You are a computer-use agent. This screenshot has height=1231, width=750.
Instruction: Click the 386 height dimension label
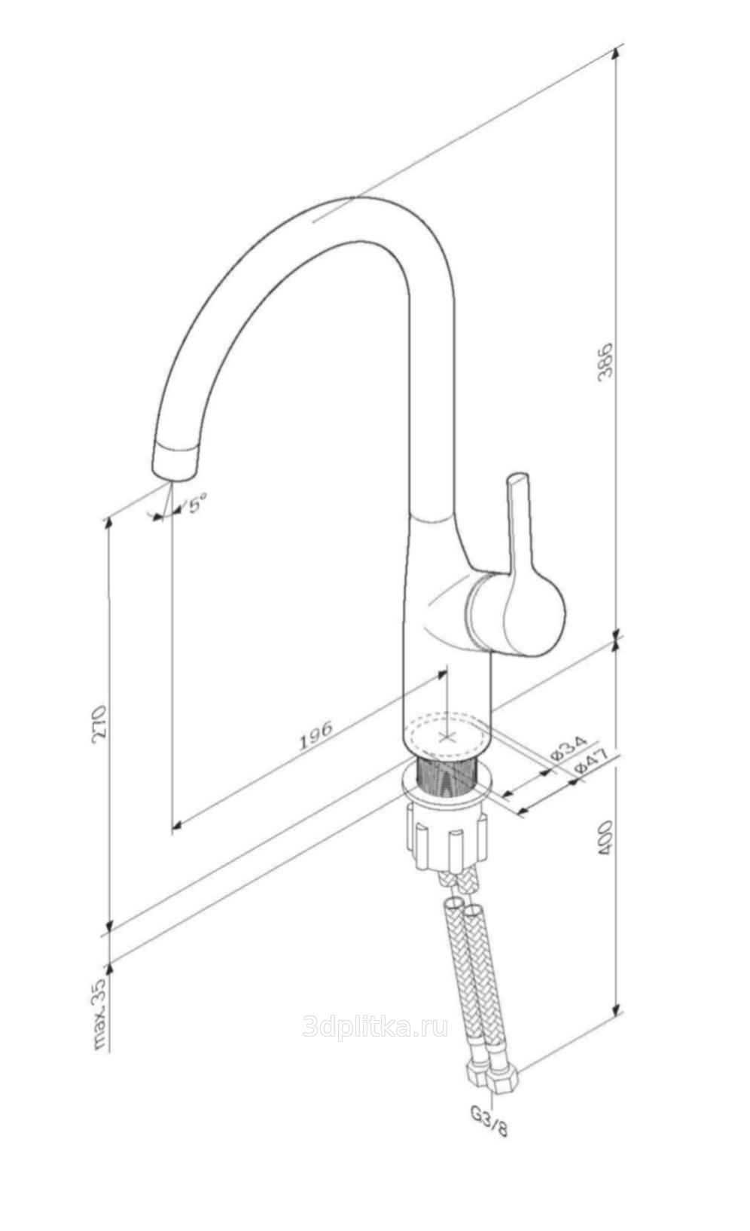[605, 361]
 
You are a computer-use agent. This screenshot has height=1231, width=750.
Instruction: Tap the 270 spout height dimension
[99, 723]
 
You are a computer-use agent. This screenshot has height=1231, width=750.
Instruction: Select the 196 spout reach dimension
[316, 735]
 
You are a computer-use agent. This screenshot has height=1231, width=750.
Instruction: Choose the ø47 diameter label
[590, 762]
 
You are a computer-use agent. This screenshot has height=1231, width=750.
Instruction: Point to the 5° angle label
[196, 503]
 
